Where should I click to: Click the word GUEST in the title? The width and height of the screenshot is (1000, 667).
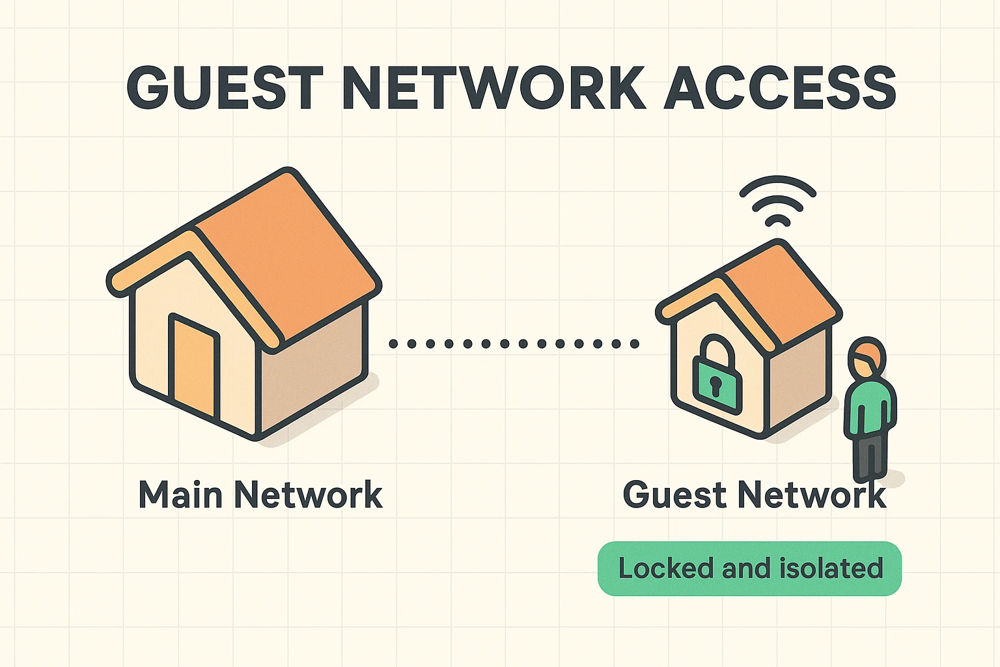pos(224,87)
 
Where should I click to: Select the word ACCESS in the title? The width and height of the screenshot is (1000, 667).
pos(780,87)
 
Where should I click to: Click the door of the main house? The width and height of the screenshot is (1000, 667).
pos(193,365)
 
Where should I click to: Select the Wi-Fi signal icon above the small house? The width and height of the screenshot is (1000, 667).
pos(777,202)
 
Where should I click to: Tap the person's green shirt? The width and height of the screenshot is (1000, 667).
pos(869,407)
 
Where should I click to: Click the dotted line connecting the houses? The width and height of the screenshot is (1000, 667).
pos(514,343)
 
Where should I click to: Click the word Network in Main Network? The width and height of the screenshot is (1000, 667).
pos(308,495)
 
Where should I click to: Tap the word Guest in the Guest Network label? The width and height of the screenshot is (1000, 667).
pos(674,495)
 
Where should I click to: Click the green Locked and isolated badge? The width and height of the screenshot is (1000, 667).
pos(749,569)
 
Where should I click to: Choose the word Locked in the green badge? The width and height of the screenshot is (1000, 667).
pos(665,569)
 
